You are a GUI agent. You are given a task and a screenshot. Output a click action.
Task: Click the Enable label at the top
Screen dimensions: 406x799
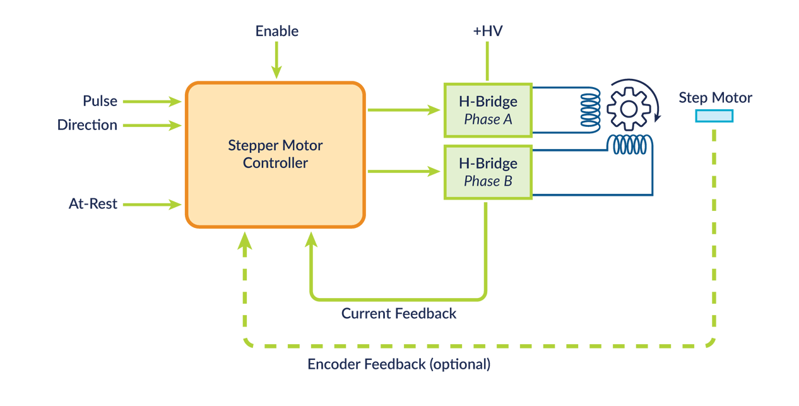point(276,31)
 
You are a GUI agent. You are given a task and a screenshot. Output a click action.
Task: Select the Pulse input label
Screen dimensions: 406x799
point(100,101)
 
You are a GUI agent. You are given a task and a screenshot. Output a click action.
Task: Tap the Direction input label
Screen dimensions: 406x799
point(87,125)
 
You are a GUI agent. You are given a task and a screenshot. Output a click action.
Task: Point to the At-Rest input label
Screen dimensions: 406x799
point(93,204)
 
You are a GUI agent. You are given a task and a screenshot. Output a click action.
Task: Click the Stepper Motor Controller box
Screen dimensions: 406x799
point(275,154)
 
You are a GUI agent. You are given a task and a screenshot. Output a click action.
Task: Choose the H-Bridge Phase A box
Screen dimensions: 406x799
point(488,110)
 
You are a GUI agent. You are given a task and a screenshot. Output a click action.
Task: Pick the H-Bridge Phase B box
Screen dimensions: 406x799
point(488,172)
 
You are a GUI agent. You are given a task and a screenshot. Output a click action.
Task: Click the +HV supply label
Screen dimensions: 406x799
point(487,31)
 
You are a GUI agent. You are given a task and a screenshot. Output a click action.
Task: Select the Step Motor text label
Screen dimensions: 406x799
point(715,98)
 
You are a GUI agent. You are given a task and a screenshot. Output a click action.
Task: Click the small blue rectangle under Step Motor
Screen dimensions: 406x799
point(714,116)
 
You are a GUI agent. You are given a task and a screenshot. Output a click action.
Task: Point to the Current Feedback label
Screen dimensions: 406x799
point(399,313)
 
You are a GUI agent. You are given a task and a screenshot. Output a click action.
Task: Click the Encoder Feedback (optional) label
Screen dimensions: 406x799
point(399,364)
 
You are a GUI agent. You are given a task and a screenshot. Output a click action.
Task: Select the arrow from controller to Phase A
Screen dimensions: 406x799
point(404,110)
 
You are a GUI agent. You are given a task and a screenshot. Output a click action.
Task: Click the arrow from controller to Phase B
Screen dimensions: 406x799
point(404,171)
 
